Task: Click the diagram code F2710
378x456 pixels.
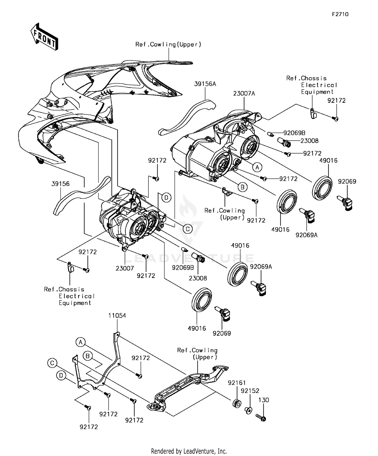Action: click(340, 14)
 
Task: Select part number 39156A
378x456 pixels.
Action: click(205, 84)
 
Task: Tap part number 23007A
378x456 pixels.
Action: click(244, 94)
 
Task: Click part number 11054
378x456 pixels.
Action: click(117, 316)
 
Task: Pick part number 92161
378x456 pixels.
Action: click(237, 383)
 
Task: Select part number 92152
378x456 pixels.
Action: click(250, 391)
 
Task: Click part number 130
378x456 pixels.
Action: click(264, 400)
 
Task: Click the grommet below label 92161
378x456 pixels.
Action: click(237, 404)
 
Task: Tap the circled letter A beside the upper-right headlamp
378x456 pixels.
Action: click(257, 167)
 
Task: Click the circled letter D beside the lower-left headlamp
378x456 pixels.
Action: click(166, 198)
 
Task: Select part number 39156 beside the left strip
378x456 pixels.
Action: click(60, 184)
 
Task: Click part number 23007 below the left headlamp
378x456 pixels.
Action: click(125, 268)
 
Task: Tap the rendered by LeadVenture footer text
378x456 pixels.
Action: click(189, 451)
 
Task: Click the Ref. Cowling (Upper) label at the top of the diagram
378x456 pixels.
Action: click(168, 45)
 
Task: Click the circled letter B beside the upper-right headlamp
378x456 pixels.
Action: click(242, 187)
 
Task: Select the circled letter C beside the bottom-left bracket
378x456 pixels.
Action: click(52, 363)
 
